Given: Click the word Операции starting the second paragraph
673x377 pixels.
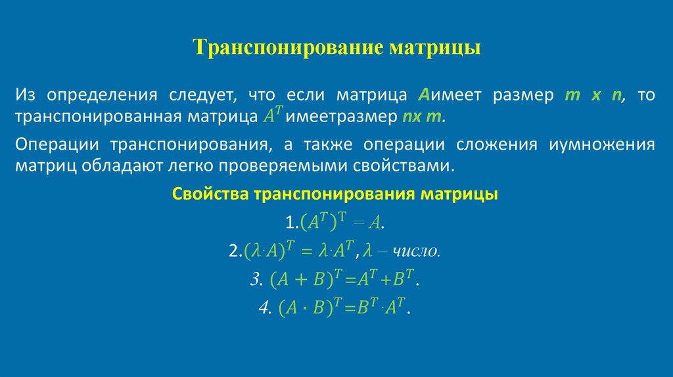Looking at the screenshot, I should pos(57,144).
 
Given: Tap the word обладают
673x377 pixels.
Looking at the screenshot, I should pos(112,166).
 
